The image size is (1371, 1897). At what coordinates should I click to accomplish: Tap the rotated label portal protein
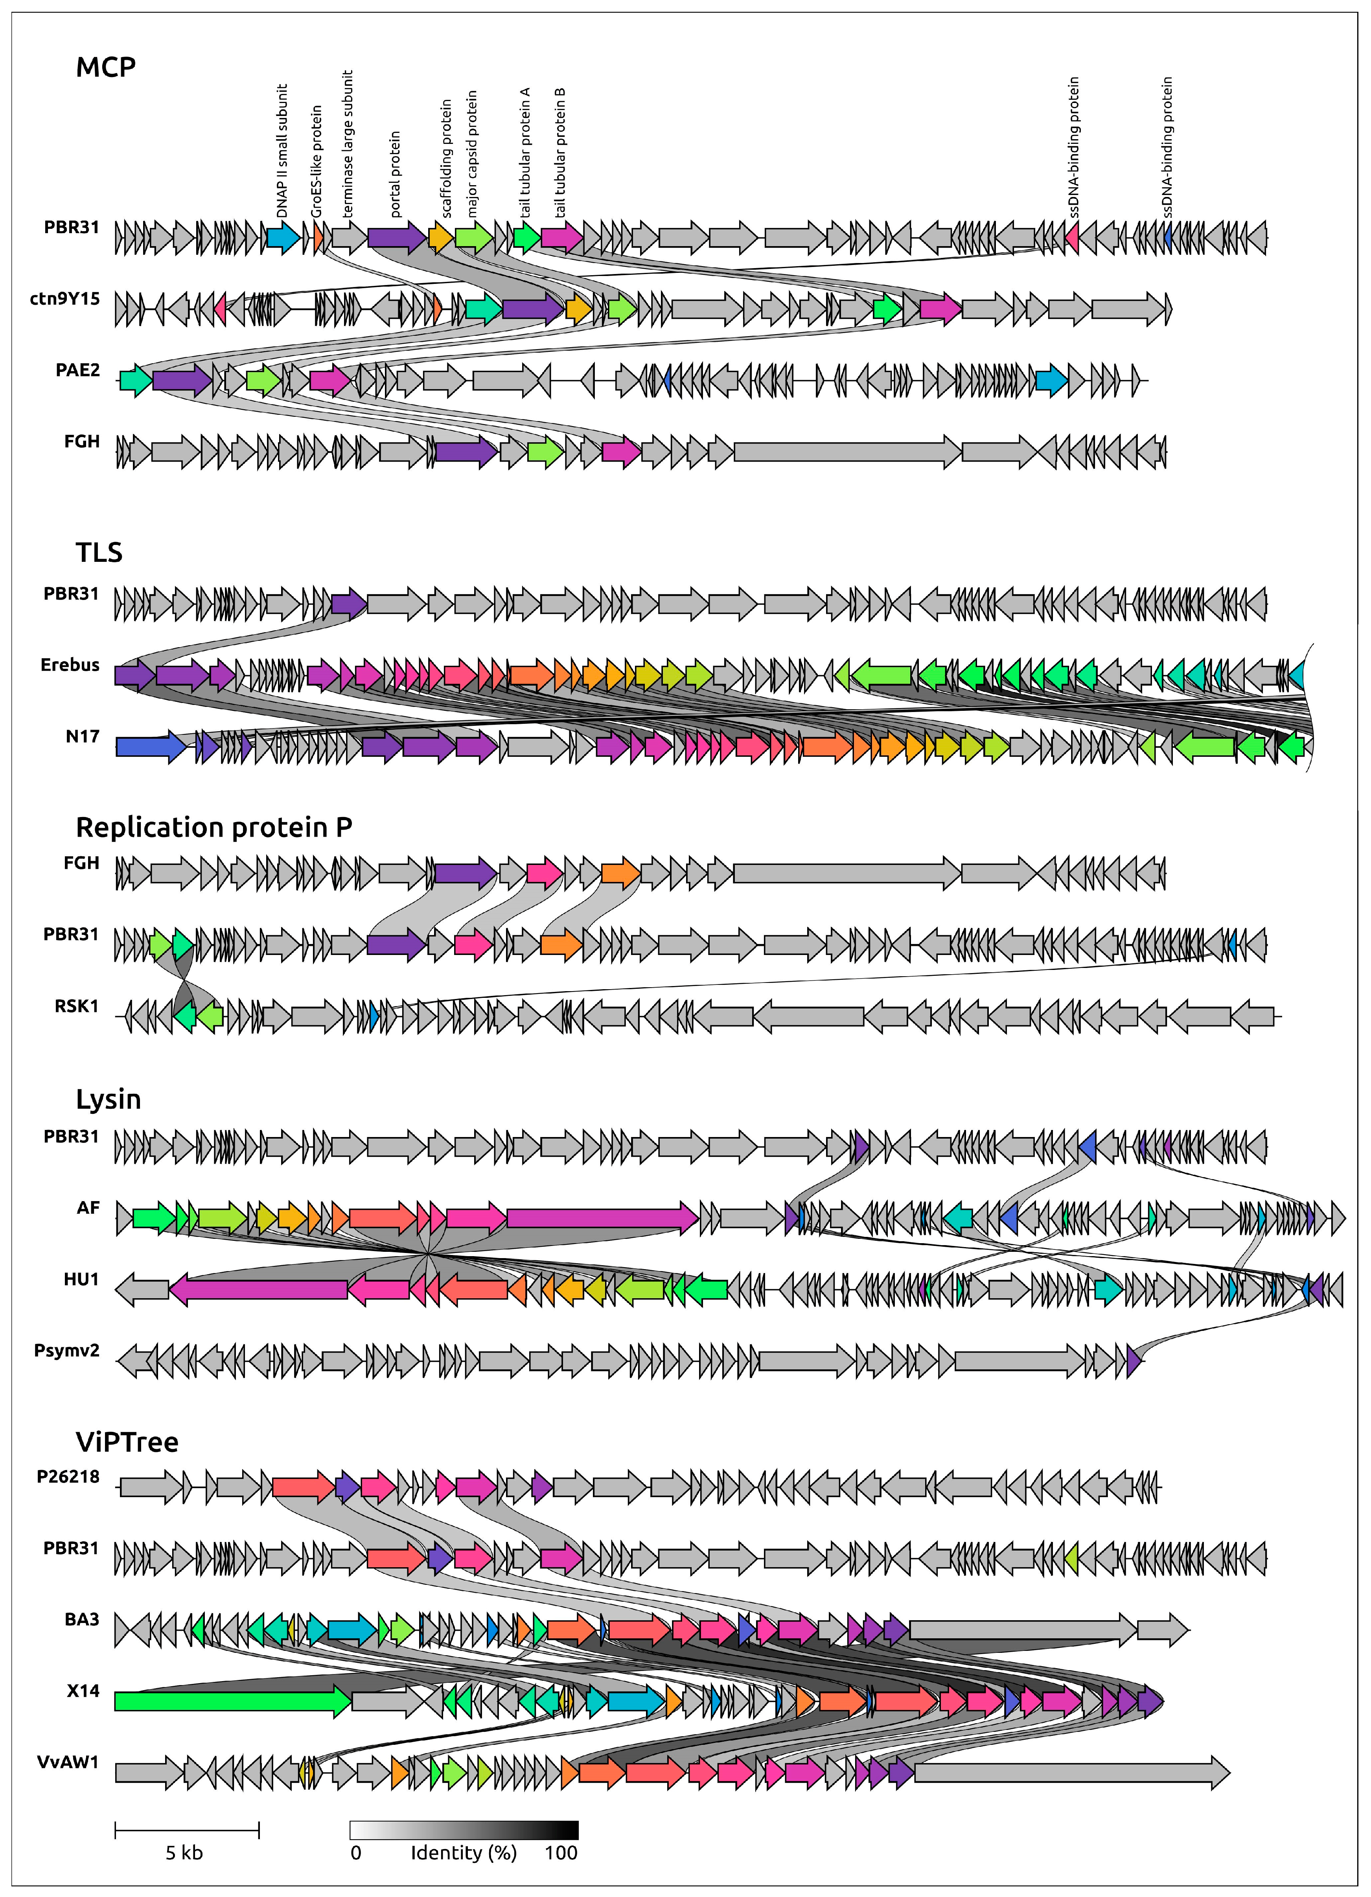[x=395, y=174]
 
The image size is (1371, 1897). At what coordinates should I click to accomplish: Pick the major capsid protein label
[x=472, y=155]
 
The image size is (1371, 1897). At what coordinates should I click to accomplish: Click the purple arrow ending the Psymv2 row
[x=1134, y=1361]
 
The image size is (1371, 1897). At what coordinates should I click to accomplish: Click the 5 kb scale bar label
[x=184, y=1853]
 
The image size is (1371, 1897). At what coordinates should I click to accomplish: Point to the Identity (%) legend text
[x=464, y=1853]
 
